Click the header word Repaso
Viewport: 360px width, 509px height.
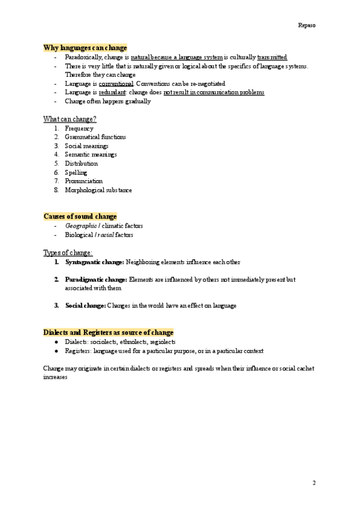[x=307, y=25]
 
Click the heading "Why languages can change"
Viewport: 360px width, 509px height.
[x=85, y=47]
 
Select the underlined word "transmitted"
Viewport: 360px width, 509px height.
[x=272, y=56]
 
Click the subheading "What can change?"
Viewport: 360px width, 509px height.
[x=70, y=119]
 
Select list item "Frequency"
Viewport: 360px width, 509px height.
[x=79, y=128]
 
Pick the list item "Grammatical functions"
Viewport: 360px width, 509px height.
[x=95, y=137]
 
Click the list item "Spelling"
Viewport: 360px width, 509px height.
[x=76, y=172]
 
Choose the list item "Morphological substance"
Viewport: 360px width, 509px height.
[x=98, y=190]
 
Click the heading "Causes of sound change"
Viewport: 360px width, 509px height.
[x=80, y=216]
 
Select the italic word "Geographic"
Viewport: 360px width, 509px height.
[x=81, y=226]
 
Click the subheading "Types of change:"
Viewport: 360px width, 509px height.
[x=68, y=252]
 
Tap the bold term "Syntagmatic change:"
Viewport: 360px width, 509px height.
[x=94, y=262]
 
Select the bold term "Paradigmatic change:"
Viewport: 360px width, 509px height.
[x=96, y=280]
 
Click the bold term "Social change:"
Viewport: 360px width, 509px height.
[x=85, y=306]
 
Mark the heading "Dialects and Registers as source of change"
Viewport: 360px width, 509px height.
[x=109, y=332]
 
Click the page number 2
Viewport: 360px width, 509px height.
[x=314, y=483]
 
